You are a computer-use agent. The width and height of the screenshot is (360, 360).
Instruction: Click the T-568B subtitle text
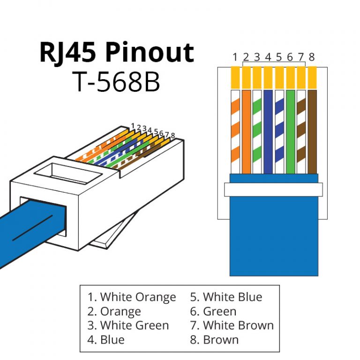(116, 82)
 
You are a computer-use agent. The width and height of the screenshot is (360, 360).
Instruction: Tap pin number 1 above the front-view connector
(235, 58)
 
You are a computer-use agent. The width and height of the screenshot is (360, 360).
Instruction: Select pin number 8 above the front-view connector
(312, 58)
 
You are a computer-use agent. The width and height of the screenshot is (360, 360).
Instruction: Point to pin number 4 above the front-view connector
(268, 58)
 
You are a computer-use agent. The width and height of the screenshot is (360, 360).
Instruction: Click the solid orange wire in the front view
(247, 131)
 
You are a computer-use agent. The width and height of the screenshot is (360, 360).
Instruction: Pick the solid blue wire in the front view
(268, 131)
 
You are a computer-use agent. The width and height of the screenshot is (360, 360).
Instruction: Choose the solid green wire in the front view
(290, 131)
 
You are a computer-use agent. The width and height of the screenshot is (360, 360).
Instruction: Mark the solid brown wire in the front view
(312, 131)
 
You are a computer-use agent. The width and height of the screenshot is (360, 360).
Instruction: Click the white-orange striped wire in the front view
(235, 131)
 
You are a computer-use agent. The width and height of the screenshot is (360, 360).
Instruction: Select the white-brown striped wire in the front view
(301, 131)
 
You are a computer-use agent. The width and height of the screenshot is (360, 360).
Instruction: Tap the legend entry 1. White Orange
(132, 297)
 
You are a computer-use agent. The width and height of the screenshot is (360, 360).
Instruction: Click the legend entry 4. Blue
(106, 339)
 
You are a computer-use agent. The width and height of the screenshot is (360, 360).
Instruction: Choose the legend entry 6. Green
(213, 311)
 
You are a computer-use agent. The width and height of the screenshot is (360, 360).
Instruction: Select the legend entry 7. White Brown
(232, 325)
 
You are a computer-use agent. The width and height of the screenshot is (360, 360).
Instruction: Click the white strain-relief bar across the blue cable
(274, 189)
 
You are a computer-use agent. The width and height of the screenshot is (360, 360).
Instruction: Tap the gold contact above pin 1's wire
(235, 78)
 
